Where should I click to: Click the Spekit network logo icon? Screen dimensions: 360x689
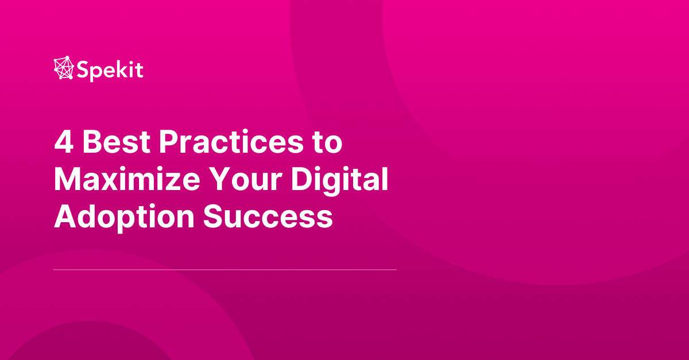coord(64,68)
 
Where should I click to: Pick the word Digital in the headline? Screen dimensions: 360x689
coord(339,180)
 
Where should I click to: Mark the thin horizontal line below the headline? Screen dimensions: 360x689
coord(224,269)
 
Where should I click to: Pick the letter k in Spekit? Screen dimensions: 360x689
coord(120,69)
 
